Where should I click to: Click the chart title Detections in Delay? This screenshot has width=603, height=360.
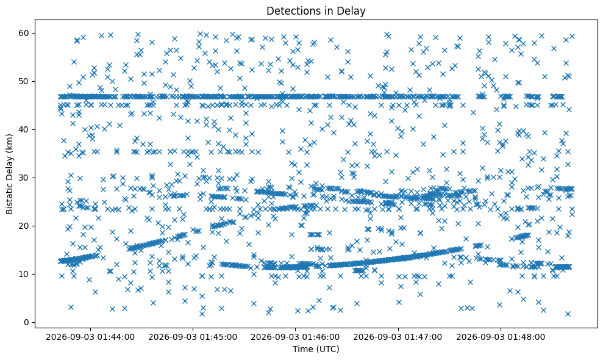coord(316,11)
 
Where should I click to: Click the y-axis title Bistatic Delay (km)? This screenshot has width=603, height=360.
coord(9,174)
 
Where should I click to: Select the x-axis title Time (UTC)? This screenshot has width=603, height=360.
coord(316,349)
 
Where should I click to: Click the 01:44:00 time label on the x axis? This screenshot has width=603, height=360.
coord(90,337)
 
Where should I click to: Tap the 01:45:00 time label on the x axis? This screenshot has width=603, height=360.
coord(193,337)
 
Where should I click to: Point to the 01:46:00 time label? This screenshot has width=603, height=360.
coord(295,337)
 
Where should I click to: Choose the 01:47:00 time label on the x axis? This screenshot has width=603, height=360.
coord(398,337)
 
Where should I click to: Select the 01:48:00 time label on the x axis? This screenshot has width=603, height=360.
coord(501,337)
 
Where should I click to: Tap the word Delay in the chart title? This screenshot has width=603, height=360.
coord(351,11)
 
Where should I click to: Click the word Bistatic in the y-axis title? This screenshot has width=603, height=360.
coord(9,199)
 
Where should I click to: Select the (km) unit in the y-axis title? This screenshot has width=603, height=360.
coord(9,142)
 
